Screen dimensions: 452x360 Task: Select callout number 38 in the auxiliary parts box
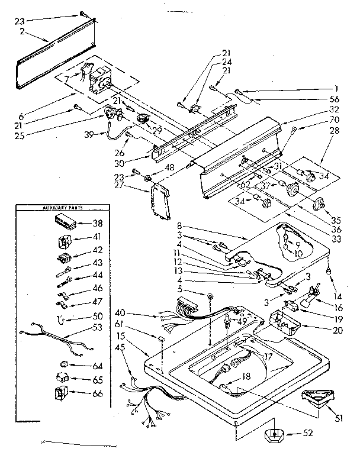[x=98, y=224]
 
